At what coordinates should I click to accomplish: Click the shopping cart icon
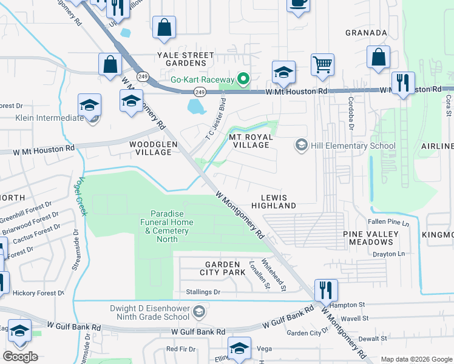coord(322,64)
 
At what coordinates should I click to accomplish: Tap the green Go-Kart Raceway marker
coord(243,79)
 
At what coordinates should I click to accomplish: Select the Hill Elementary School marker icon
coord(300,145)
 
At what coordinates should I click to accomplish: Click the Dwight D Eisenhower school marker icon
coord(198,312)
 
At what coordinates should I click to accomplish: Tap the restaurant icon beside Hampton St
coord(326,290)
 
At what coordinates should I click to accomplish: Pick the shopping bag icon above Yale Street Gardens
coord(164,27)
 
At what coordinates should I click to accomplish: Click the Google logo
coord(20,356)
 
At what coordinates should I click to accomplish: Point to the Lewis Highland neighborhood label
coord(278,201)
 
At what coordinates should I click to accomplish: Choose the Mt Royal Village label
coord(249,141)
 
